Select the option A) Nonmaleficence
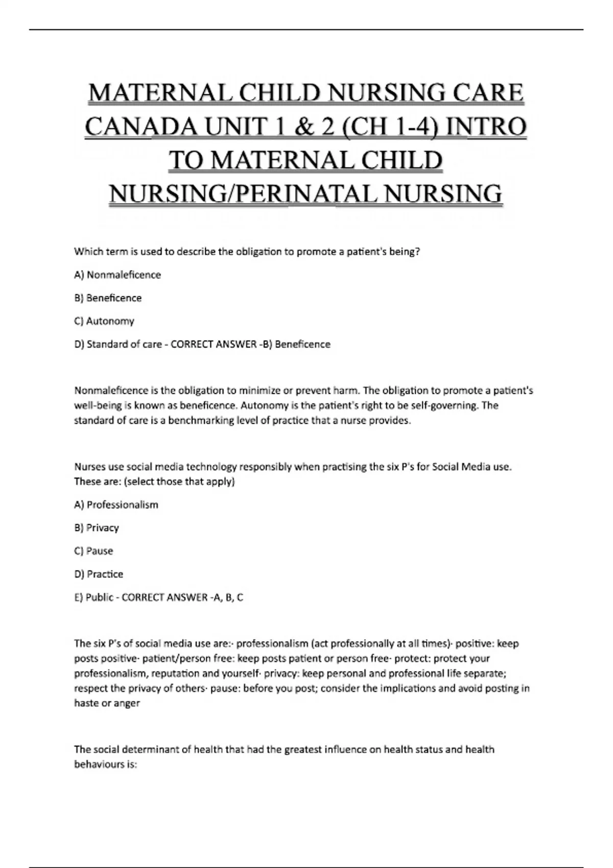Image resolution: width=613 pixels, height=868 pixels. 117,275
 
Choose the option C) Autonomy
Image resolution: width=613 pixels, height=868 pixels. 104,321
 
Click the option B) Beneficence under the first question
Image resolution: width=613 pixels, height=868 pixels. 108,298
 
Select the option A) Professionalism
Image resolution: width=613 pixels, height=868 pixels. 116,504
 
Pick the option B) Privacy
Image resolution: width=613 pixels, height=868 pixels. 97,527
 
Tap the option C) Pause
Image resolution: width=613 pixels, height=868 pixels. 93,551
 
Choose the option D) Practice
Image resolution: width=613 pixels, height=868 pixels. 99,574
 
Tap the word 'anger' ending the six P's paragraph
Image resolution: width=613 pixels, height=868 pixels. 128,703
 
